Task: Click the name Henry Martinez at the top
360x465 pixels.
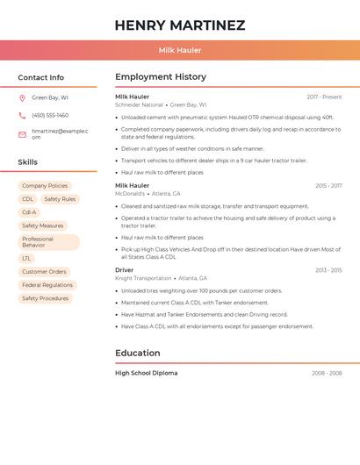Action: point(180,25)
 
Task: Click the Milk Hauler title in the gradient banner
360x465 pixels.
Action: point(180,50)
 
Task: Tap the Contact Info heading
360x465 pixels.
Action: point(40,77)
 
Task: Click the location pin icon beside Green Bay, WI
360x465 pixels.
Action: point(22,97)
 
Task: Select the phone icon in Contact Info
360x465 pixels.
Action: point(22,115)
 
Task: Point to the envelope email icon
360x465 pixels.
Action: point(22,134)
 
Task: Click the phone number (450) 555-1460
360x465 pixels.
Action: point(50,115)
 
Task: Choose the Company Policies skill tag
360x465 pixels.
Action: point(45,186)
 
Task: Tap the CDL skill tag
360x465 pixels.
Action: point(28,199)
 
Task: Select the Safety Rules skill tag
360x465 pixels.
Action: point(60,199)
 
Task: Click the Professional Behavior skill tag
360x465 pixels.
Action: point(48,242)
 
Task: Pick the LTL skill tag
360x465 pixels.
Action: point(26,259)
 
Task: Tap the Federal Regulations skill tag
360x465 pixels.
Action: point(47,285)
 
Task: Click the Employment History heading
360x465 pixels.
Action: point(161,77)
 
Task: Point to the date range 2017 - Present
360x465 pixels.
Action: point(324,97)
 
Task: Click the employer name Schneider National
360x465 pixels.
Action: point(139,104)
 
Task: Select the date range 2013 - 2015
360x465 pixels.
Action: point(328,270)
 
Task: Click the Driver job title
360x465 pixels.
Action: point(125,270)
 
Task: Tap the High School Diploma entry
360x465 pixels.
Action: point(146,373)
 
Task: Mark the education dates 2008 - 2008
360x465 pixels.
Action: point(327,373)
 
